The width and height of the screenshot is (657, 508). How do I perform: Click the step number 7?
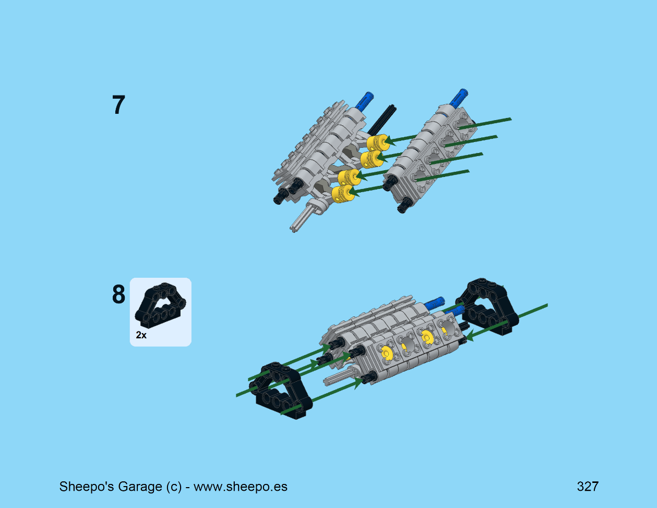click(x=118, y=104)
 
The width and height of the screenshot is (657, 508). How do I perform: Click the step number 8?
click(x=118, y=294)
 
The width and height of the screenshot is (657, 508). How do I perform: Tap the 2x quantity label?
click(x=141, y=335)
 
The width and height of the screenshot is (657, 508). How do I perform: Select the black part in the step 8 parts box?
click(x=160, y=305)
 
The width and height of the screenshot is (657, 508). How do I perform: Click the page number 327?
click(x=588, y=487)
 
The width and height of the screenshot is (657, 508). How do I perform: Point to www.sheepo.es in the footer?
click(x=241, y=487)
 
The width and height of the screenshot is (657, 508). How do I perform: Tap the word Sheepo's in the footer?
click(x=87, y=487)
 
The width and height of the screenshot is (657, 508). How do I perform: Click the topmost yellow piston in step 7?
click(x=377, y=142)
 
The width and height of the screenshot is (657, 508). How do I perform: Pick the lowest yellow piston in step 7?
click(x=343, y=194)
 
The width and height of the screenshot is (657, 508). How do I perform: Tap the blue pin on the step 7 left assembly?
click(x=365, y=100)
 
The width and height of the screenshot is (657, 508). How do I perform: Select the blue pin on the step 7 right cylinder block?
click(x=459, y=97)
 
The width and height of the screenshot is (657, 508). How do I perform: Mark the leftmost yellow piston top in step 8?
click(x=387, y=352)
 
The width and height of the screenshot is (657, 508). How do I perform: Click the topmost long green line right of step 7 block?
click(x=485, y=123)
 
